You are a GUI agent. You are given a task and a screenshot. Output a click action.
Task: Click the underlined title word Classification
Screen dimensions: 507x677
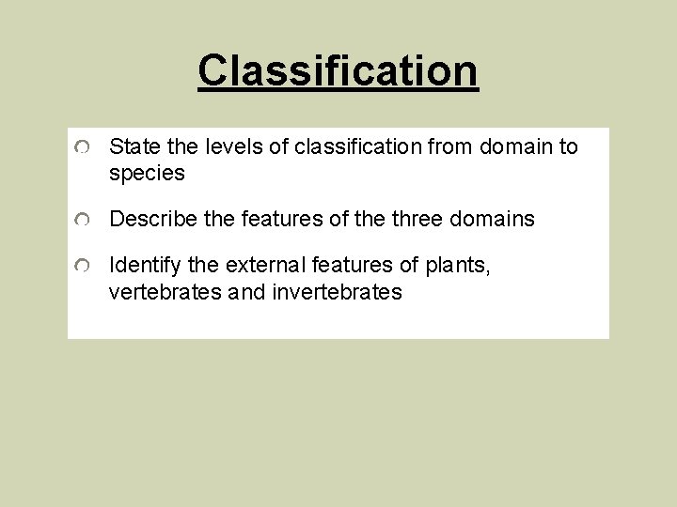[x=338, y=70]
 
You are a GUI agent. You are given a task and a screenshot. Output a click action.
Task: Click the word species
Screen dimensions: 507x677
[x=147, y=174]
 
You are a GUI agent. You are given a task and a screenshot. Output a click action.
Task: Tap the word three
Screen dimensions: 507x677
[x=415, y=220]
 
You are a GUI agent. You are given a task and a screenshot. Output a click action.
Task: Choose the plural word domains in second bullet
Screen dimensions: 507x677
[x=492, y=220]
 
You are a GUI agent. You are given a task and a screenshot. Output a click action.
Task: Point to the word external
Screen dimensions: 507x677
[x=265, y=266]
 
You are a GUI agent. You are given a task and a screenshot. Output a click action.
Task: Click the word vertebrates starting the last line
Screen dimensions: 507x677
[x=165, y=292]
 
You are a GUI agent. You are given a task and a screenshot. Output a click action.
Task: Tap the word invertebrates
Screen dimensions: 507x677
[x=337, y=292]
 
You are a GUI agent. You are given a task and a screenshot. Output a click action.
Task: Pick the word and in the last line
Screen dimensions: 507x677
[x=247, y=292]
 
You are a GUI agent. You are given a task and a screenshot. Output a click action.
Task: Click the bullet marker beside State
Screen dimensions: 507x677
[x=84, y=148]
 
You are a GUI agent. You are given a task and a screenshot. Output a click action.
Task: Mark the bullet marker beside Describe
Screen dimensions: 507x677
[x=84, y=221]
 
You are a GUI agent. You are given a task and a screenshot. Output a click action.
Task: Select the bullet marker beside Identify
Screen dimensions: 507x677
[x=84, y=268]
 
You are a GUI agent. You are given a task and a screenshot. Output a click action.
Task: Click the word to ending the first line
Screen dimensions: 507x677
[x=568, y=146]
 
